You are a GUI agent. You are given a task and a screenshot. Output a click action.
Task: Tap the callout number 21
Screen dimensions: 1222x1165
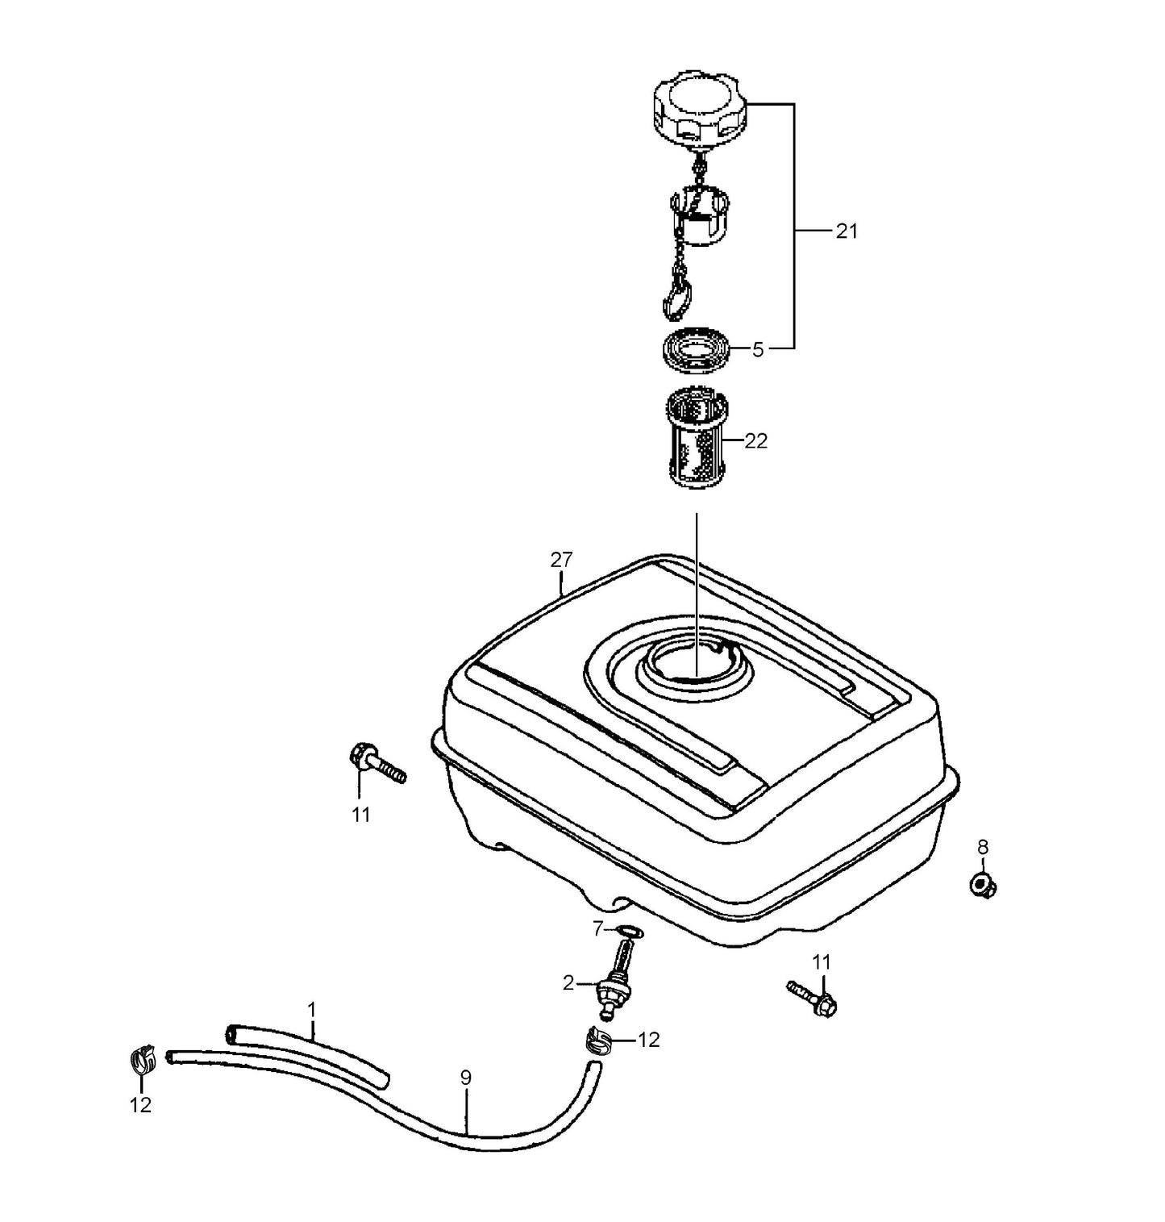846,231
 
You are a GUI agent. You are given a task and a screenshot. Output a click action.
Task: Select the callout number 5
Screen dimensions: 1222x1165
757,350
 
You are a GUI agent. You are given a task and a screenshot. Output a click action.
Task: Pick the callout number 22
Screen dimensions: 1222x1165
755,441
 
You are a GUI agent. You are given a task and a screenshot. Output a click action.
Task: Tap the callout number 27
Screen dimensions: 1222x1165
561,560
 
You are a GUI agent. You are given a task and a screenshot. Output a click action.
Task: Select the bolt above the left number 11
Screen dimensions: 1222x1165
376,763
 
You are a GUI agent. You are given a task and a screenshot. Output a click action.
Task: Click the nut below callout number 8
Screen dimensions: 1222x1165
981,884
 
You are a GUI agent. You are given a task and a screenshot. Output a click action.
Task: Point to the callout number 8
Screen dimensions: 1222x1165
982,847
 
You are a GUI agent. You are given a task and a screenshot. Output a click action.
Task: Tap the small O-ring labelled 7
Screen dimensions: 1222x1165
630,933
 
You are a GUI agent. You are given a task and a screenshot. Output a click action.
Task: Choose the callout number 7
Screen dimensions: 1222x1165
597,930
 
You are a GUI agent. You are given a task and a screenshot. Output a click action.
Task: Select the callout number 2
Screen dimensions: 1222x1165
568,982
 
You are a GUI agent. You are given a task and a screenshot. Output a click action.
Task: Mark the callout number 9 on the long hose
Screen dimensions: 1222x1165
465,1078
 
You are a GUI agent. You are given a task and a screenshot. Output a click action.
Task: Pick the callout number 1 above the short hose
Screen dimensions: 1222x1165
312,1009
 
